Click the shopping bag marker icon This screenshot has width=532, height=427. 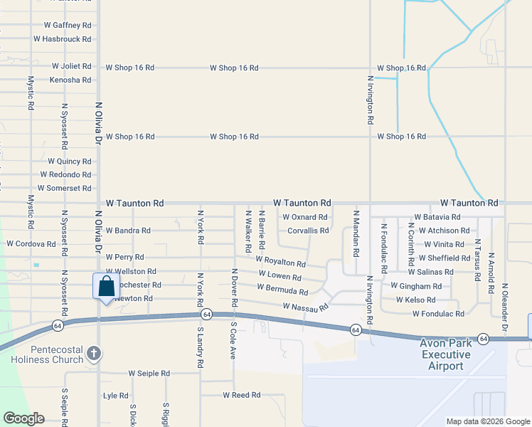pyautogui.click(x=106, y=287)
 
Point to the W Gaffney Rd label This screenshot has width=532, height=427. pyautogui.click(x=68, y=24)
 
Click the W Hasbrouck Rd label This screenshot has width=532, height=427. pyautogui.click(x=63, y=39)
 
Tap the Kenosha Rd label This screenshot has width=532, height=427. pyautogui.click(x=70, y=80)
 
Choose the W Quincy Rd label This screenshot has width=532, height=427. pyautogui.click(x=70, y=161)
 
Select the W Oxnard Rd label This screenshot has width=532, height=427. pyautogui.click(x=304, y=217)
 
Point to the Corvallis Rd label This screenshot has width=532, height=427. pyautogui.click(x=308, y=231)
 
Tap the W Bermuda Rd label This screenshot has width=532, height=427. pyautogui.click(x=282, y=291)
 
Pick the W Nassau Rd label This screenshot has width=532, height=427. pyautogui.click(x=305, y=307)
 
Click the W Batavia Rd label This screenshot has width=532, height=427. pyautogui.click(x=437, y=217)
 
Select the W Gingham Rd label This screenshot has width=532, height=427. pyautogui.click(x=416, y=285)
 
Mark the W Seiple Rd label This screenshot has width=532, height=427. pyautogui.click(x=149, y=373)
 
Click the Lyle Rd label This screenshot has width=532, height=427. pyautogui.click(x=115, y=396)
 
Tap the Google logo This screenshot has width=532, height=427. pyautogui.click(x=23, y=418)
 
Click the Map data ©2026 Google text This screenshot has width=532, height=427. pyautogui.click(x=487, y=421)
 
